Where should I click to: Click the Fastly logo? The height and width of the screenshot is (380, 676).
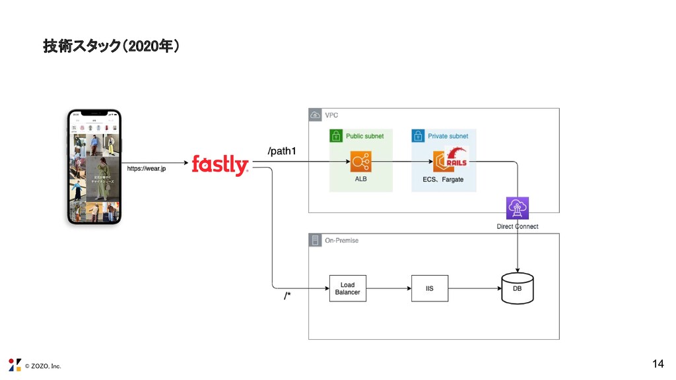click(x=220, y=165)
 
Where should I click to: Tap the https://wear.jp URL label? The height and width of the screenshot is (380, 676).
click(x=147, y=169)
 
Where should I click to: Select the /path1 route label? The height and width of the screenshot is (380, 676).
click(x=282, y=152)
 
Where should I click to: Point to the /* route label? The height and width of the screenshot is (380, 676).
click(x=287, y=296)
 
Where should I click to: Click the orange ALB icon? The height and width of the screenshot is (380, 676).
click(x=361, y=161)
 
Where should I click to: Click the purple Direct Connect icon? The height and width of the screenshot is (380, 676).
click(x=517, y=208)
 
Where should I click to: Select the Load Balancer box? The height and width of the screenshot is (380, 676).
click(x=347, y=288)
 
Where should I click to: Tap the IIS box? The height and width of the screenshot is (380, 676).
click(x=430, y=288)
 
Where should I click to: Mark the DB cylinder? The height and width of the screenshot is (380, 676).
click(x=517, y=288)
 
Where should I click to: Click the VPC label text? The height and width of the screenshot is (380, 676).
click(x=331, y=115)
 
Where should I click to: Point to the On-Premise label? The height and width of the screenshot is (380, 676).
click(x=341, y=240)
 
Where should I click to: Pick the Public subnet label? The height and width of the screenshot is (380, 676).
click(x=365, y=136)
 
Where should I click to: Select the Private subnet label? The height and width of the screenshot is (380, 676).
click(x=448, y=136)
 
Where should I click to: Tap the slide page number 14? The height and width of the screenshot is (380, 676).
click(x=658, y=364)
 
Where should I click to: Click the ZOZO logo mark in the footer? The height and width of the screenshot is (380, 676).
click(x=15, y=365)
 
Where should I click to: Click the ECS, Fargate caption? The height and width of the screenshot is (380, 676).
click(x=443, y=179)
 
